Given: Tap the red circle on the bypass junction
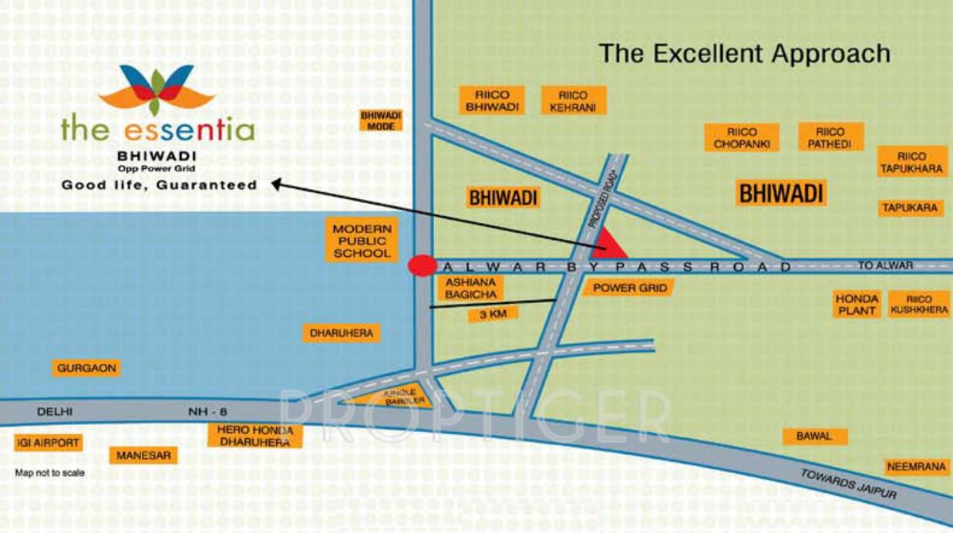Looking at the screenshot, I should [421, 265].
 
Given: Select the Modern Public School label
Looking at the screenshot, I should [362, 241].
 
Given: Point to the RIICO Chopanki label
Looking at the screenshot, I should [742, 138].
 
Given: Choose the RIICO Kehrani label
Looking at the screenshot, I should [573, 101].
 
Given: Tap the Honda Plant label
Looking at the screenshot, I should [857, 304].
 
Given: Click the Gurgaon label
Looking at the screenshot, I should [87, 368].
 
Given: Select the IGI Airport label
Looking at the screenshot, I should [48, 443].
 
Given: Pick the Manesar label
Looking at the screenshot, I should [143, 455].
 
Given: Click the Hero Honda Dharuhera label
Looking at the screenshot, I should [254, 436].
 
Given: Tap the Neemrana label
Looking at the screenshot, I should [916, 467].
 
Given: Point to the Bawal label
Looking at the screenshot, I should [814, 436].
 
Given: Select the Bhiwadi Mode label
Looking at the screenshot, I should [381, 120].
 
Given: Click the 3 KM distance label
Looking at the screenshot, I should [492, 314].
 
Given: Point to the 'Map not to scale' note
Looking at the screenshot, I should [50, 473].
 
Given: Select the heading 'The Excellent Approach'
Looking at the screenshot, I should [745, 53].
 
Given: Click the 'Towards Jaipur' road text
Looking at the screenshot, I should [848, 484].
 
